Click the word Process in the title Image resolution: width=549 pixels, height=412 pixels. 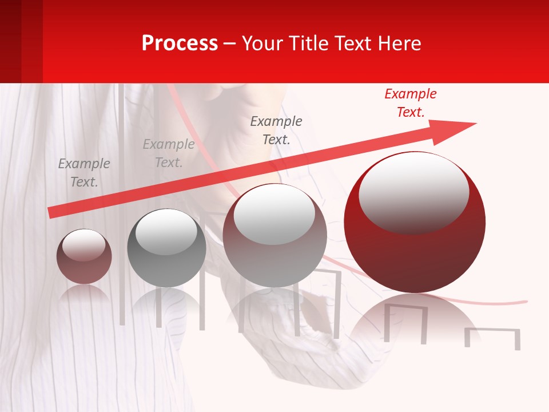[x=180, y=43]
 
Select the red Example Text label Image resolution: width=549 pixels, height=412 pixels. [x=411, y=103]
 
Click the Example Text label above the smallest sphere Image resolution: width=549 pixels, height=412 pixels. [x=84, y=173]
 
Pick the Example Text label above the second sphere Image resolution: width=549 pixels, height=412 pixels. [x=169, y=153]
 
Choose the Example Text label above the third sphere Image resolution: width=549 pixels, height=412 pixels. [x=276, y=130]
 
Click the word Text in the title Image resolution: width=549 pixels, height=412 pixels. [x=352, y=43]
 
